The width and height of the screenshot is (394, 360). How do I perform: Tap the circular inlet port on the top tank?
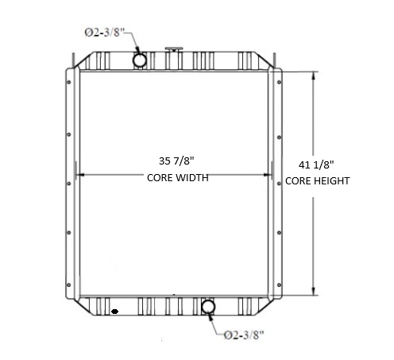[139, 60]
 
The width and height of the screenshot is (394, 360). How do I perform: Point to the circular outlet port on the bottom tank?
[209, 307]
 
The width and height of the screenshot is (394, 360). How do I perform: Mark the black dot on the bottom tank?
[116, 311]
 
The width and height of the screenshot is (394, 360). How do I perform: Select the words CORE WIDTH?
[177, 178]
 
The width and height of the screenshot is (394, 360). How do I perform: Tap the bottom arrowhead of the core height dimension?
[315, 291]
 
